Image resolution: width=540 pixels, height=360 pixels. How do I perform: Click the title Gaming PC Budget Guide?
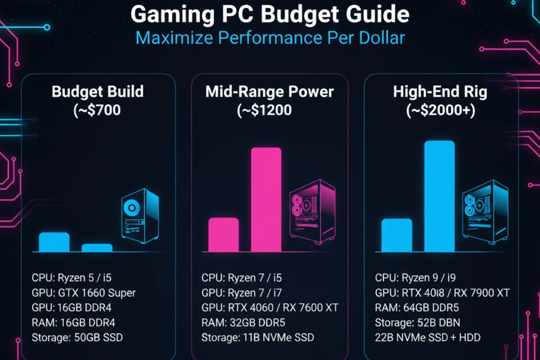click(270, 15)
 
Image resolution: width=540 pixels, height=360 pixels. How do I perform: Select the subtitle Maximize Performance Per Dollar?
click(270, 38)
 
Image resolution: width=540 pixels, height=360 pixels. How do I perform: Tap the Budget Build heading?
click(98, 91)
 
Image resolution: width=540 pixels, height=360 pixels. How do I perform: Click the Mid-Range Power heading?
click(270, 92)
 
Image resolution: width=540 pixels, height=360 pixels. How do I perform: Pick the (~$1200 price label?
click(264, 110)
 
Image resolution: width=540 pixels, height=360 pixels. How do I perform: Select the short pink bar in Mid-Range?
click(224, 234)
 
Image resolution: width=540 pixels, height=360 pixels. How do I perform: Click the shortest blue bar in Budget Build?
click(97, 247)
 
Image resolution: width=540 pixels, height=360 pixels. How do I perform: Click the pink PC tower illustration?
click(312, 212)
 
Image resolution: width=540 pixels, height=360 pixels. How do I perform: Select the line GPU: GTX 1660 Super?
click(84, 293)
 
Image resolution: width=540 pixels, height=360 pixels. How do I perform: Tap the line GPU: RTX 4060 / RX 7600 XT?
click(270, 308)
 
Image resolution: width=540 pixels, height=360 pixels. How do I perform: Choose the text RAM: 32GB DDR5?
click(243, 323)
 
